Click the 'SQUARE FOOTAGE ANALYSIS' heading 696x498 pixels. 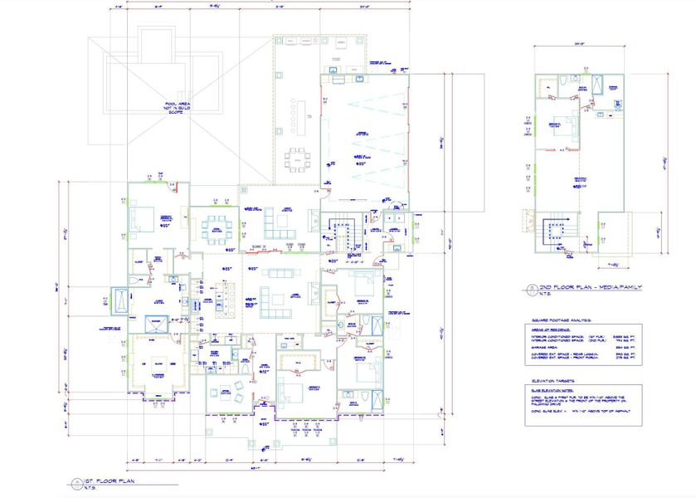click(564, 319)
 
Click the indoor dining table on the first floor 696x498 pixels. click(218, 226)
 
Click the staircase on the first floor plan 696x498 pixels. click(341, 232)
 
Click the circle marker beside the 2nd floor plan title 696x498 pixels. click(528, 289)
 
